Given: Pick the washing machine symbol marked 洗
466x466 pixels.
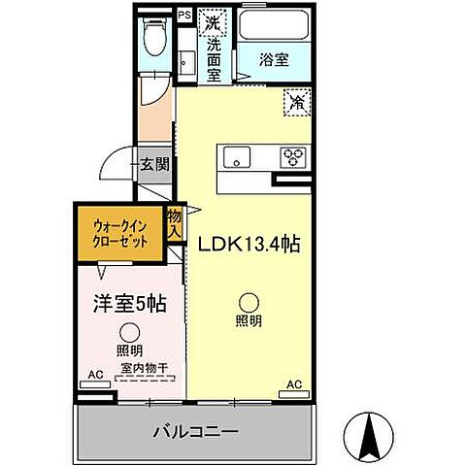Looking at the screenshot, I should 213,20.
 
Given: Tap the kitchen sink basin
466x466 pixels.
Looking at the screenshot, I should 238,157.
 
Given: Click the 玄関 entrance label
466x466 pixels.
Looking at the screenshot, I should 153,165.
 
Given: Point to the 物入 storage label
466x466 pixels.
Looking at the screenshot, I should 175,225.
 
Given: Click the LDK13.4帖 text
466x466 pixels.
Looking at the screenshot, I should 249,245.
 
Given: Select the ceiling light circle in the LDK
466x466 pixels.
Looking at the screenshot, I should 250,302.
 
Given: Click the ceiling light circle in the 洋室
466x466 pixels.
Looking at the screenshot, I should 128,333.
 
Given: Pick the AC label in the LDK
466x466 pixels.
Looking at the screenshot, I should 293,384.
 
